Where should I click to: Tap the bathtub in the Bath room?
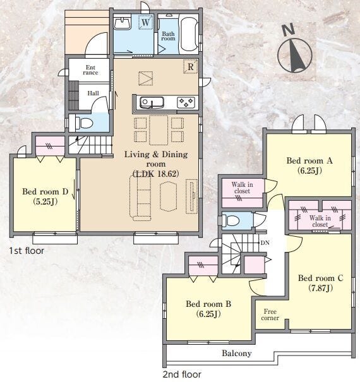pyautogui.click(x=189, y=34)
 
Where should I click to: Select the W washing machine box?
pyautogui.click(x=146, y=22)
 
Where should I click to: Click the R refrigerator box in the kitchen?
pyautogui.click(x=190, y=66)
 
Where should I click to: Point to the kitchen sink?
pyautogui.click(x=152, y=102)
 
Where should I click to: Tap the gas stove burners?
pyautogui.click(x=186, y=102)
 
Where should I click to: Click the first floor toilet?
pyautogui.click(x=83, y=123)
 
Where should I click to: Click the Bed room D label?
pyautogui.click(x=45, y=196)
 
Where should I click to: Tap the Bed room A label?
pyautogui.click(x=309, y=165)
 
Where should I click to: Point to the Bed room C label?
pyautogui.click(x=321, y=283)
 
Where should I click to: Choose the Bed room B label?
pyautogui.click(x=208, y=309)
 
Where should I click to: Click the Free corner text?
pyautogui.click(x=270, y=314)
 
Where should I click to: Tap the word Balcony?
pyautogui.click(x=237, y=353)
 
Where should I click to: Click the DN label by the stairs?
pyautogui.click(x=265, y=243)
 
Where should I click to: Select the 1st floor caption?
pyautogui.click(x=27, y=251)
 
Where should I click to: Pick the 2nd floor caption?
pyautogui.click(x=182, y=374)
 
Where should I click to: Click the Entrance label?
pyautogui.click(x=90, y=69)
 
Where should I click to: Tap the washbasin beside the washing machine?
pyautogui.click(x=122, y=23)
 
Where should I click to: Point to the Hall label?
pyautogui.click(x=93, y=93)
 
